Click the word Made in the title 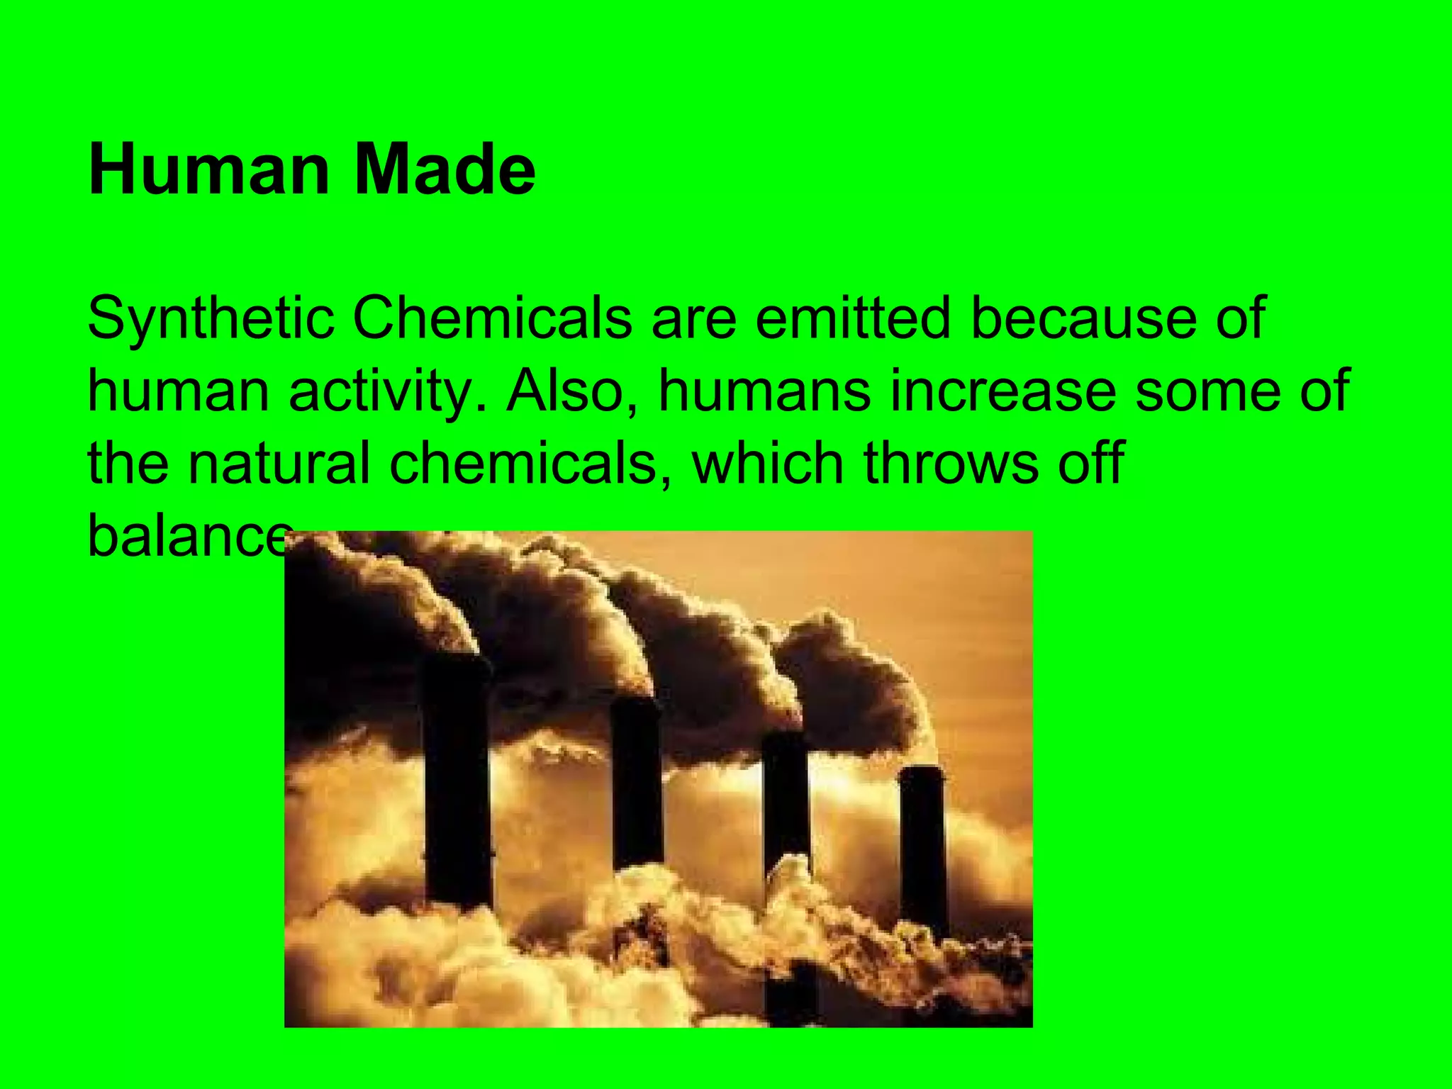445,170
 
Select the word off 1090,463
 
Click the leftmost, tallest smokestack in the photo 457,780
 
